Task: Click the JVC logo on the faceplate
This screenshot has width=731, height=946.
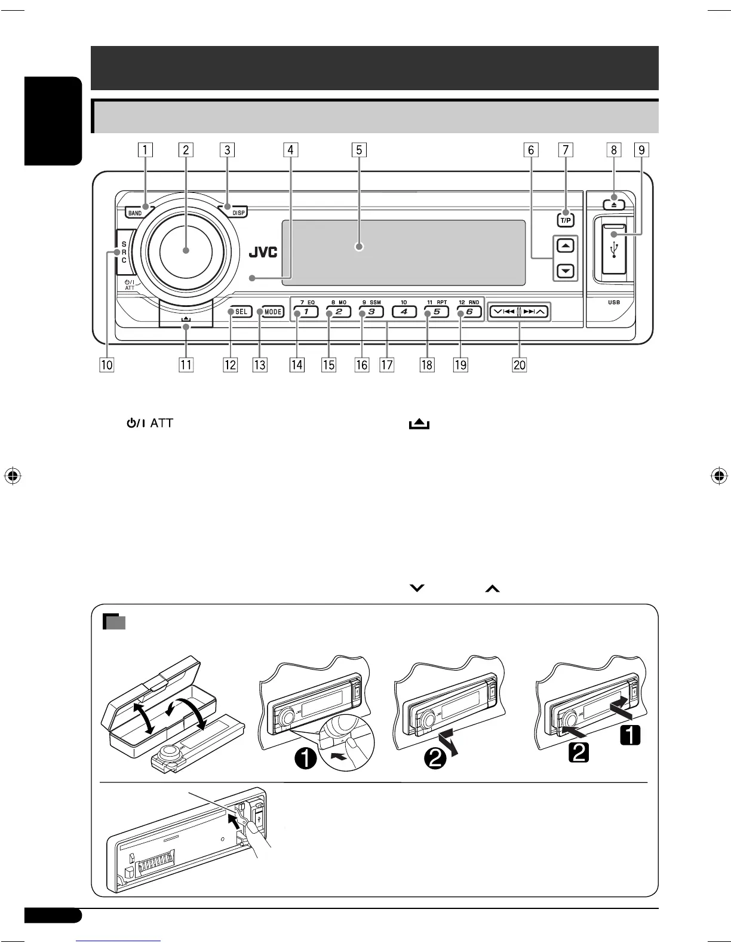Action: (263, 253)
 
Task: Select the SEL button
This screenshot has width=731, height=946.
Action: (241, 312)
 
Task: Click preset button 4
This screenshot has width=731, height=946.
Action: (404, 312)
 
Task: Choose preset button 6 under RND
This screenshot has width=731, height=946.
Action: (469, 312)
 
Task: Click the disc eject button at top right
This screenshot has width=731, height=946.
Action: (614, 204)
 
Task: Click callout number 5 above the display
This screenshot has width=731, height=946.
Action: (358, 149)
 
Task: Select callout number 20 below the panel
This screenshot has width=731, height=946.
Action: (520, 364)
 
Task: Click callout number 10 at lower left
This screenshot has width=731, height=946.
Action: (107, 364)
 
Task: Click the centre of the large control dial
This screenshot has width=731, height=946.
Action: (186, 250)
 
